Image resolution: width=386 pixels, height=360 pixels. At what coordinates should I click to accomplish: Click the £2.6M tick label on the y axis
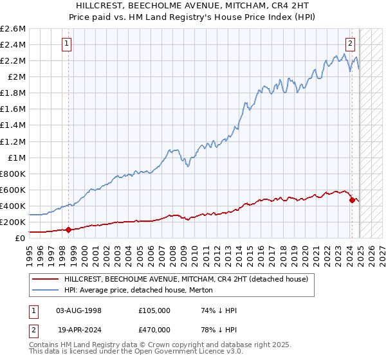14,29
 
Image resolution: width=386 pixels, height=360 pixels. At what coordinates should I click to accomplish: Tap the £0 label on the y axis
21,238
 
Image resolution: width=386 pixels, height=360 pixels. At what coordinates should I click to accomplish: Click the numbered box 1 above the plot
68,44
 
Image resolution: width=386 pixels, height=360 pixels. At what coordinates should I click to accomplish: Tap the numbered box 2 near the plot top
350,44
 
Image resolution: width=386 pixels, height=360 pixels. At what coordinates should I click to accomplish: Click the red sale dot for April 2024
352,200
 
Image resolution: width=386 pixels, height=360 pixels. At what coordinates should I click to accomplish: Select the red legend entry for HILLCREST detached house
187,279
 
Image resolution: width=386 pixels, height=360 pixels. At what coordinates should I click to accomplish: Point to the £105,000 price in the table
154,310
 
